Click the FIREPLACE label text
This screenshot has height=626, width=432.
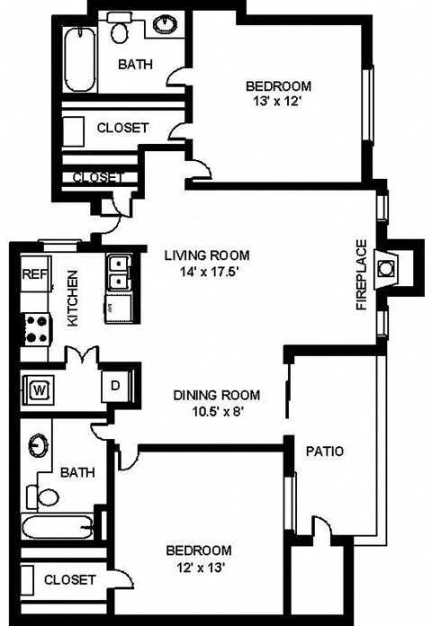(x=362, y=275)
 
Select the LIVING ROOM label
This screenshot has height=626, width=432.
(x=207, y=255)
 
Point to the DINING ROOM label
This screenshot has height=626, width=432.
(x=217, y=395)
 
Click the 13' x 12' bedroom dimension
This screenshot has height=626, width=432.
(x=279, y=102)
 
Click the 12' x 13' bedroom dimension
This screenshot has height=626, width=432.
(x=198, y=567)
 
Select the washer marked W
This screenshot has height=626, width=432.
(x=39, y=389)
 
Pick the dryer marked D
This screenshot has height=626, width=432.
(x=115, y=384)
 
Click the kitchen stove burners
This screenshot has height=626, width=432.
(x=36, y=328)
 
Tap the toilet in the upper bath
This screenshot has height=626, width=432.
(x=120, y=31)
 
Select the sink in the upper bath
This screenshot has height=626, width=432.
(x=166, y=23)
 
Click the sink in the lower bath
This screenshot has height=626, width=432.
(x=38, y=446)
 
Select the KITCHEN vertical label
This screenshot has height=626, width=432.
(x=73, y=300)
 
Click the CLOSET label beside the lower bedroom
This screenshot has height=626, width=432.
(x=69, y=580)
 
